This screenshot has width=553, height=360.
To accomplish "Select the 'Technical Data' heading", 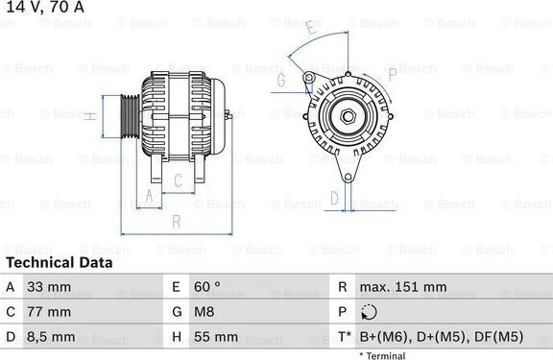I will coord(59,262).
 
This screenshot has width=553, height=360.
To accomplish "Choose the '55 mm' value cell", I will coord(217,337).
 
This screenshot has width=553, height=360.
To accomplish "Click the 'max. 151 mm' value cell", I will coord(403,287).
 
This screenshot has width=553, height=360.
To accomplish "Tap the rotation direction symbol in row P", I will coord(371,312).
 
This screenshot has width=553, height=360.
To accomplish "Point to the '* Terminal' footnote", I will coord(382,355).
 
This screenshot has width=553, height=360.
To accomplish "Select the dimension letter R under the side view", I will coord(176,222).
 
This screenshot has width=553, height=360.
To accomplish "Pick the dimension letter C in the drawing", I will coord(178,180).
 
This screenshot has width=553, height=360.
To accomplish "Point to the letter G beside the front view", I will coord(282,82).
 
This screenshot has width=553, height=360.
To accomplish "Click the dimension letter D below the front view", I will coord(334,199).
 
